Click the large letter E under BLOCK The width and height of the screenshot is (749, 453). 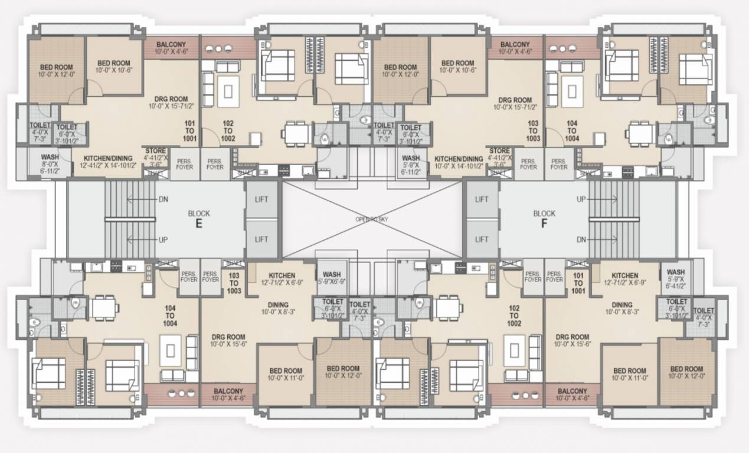click(199, 224)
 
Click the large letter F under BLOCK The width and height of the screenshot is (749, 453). click(544, 224)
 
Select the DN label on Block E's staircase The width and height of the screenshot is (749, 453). click(163, 199)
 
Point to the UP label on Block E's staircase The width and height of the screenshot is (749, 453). click(163, 241)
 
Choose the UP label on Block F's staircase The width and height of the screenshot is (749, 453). click(581, 199)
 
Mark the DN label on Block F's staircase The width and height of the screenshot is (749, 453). click(581, 241)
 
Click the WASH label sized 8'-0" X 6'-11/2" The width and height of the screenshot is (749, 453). click(49, 157)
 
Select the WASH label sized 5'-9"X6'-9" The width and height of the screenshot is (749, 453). click(331, 274)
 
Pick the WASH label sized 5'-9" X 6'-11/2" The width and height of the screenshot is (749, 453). click(411, 158)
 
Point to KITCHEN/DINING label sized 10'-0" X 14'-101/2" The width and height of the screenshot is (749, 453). click(459, 159)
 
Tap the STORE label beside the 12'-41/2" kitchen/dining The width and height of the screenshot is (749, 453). click(156, 152)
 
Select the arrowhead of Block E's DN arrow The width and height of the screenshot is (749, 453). click(129, 199)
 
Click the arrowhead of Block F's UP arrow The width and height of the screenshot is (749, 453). click(614, 199)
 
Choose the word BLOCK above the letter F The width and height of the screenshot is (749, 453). click(544, 214)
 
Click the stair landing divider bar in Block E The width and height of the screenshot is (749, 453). click(130, 219)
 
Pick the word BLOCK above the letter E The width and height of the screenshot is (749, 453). click(199, 214)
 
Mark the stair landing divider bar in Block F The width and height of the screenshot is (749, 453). click(614, 219)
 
